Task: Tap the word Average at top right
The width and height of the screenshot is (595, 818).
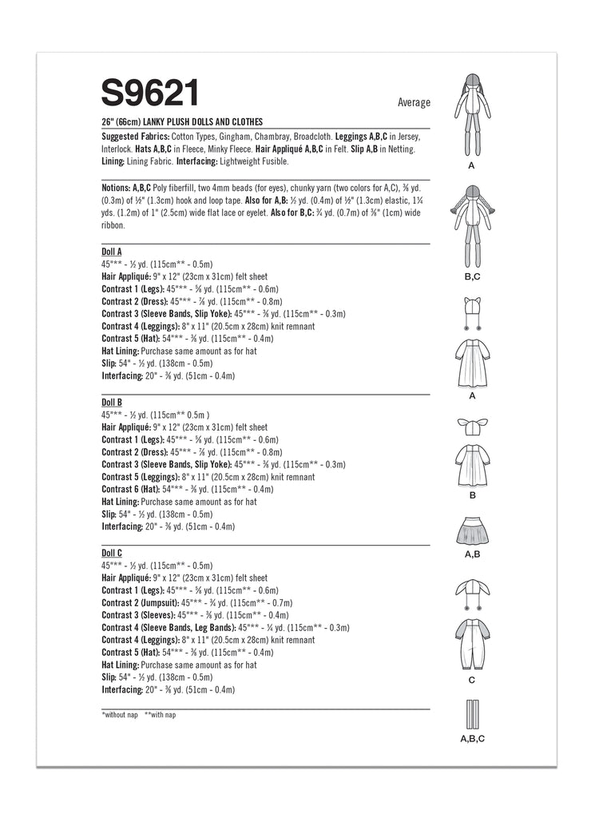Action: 413,102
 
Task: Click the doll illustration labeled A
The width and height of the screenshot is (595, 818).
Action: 471,113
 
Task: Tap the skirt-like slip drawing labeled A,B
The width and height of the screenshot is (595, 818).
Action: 471,529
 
